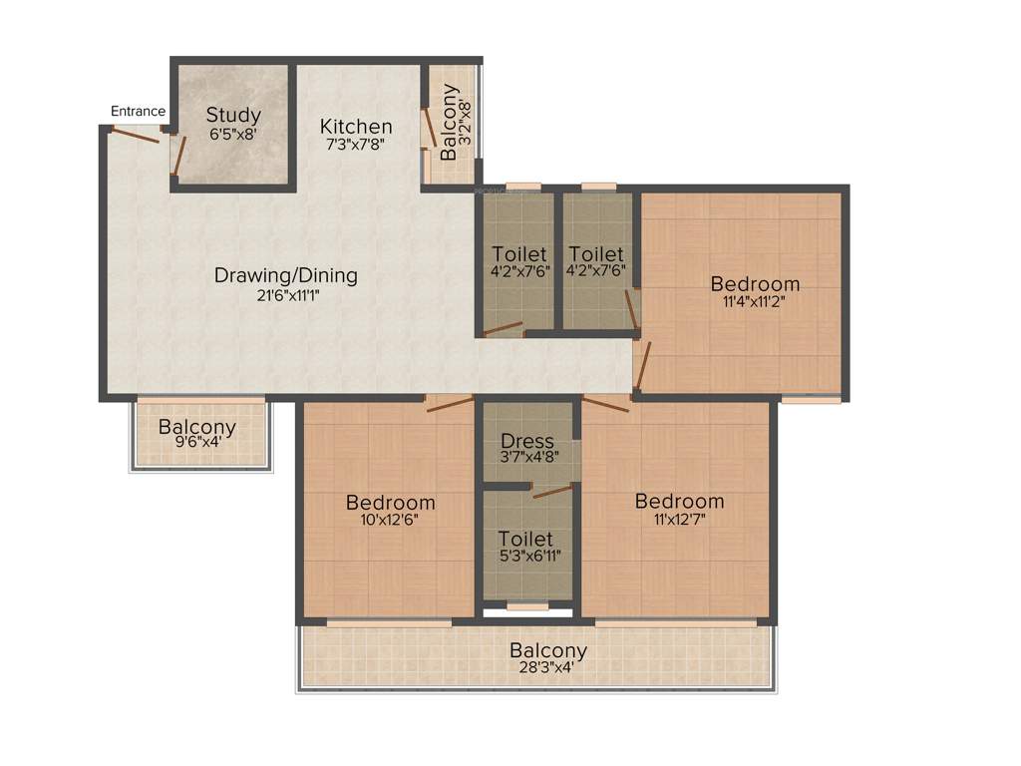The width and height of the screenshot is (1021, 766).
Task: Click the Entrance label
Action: click(138, 111)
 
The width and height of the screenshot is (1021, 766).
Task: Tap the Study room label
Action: click(233, 114)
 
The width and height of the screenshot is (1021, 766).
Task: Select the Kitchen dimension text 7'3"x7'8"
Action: click(356, 144)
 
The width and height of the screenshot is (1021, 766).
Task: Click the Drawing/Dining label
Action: click(285, 275)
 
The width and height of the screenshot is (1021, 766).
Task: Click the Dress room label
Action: click(527, 441)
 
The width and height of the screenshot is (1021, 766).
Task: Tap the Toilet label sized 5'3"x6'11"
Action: click(526, 539)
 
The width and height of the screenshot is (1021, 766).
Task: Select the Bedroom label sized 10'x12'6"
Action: click(390, 501)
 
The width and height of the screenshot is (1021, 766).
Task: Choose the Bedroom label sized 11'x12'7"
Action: click(679, 500)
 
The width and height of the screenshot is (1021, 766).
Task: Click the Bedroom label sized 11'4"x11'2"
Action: click(755, 284)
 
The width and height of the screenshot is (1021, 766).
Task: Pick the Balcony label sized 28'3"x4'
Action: click(547, 650)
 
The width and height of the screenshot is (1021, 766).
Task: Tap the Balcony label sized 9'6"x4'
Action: click(197, 428)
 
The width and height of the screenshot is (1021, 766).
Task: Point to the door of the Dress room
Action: click(551, 490)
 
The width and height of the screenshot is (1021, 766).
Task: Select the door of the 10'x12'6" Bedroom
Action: click(449, 402)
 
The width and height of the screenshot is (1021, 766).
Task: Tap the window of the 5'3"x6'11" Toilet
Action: click(526, 605)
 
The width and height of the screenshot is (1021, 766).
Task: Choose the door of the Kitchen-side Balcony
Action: click(428, 130)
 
